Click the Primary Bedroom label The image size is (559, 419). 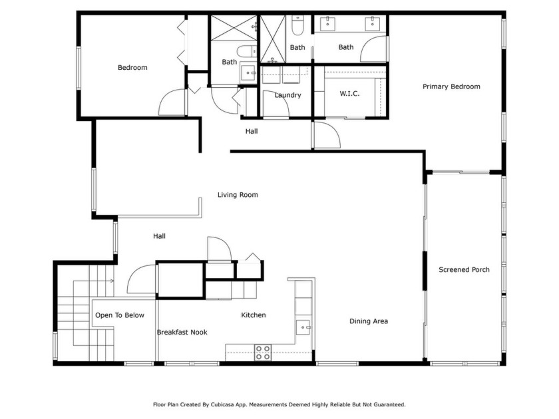click(451, 86)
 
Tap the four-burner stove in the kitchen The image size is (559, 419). click(263, 352)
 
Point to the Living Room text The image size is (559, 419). click(238, 195)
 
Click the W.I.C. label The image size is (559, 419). click(349, 94)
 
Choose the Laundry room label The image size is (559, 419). click(287, 95)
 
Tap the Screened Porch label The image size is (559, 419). click(464, 269)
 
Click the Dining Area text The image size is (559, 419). click(369, 321)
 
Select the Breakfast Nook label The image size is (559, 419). click(182, 332)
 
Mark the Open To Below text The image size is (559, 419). click(119, 315)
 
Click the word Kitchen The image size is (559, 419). click(253, 315)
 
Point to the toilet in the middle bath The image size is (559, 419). click(297, 27)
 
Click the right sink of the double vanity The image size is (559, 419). click(373, 25)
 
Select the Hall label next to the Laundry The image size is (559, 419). click(251, 131)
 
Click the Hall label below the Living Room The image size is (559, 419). click(159, 236)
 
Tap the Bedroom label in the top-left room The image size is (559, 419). click(132, 67)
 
